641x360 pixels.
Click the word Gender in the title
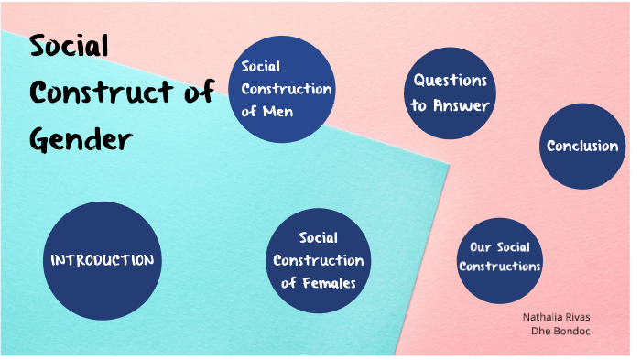81,140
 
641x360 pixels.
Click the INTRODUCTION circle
102,259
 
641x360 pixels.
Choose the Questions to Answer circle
450,93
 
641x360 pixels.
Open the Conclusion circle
581,146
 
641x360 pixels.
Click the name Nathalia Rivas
556,317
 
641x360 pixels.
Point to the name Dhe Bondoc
560,331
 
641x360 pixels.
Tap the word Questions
450,81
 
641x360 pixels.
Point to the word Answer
462,105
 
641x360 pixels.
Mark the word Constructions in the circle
500,267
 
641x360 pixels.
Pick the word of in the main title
195,93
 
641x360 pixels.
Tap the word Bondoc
571,331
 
